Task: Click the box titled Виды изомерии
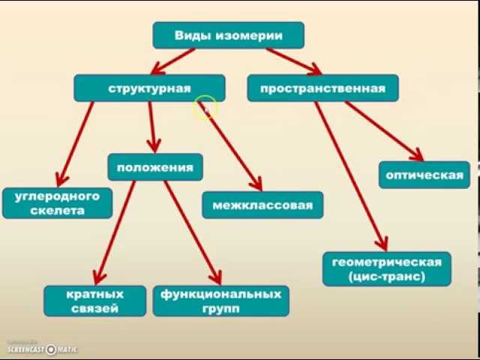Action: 228,35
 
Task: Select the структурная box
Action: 148,88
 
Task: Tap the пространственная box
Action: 322,88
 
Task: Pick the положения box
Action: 154,167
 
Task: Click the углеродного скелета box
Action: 57,203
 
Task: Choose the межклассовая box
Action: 262,205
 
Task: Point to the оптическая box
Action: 424,175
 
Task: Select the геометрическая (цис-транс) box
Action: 386,268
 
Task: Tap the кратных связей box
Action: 94,301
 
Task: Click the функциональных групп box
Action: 220,301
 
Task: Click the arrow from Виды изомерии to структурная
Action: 175,60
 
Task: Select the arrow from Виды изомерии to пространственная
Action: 292,61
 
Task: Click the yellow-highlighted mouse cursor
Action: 204,109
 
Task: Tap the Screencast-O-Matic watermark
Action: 43,349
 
